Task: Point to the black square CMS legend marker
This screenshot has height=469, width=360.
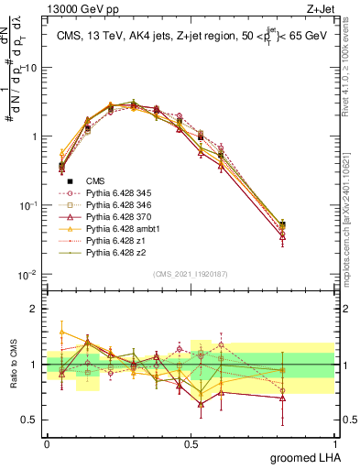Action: click(70, 181)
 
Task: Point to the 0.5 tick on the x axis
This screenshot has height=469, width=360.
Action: click(191, 443)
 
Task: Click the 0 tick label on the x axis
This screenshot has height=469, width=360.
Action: click(47, 443)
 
